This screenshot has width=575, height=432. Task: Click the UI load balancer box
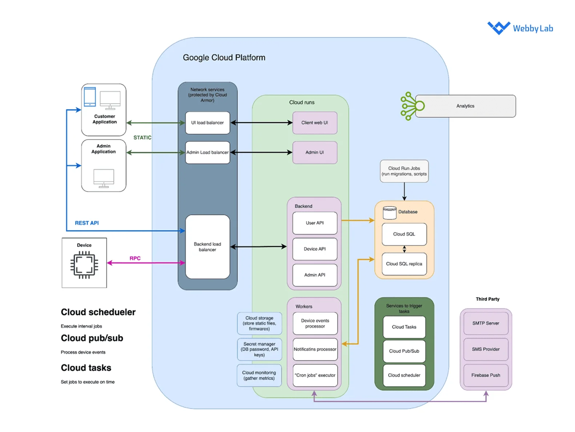pos(208,123)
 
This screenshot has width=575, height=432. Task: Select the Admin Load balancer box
pos(208,152)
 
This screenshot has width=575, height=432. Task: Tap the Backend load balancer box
pos(208,247)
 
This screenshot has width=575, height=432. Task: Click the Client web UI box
pos(315,123)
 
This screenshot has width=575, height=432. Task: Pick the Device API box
pos(315,249)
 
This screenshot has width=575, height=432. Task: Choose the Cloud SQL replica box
pos(404,264)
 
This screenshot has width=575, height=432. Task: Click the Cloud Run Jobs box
pos(404,171)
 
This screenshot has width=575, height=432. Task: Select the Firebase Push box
pos(486,375)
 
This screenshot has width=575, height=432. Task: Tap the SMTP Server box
pos(486,323)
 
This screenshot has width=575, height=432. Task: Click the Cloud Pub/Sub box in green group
pos(404,351)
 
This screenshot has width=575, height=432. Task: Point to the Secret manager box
pos(260,349)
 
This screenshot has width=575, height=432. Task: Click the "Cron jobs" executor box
pos(315,375)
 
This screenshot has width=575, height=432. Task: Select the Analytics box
pos(465,106)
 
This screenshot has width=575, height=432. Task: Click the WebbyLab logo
pos(520,28)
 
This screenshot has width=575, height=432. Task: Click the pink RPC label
pos(135,258)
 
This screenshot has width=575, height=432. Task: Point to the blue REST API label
pos(87,223)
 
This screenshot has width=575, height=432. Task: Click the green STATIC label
pos(142,137)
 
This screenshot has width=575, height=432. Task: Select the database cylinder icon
pos(390,213)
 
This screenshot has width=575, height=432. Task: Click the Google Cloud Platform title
pos(224,57)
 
